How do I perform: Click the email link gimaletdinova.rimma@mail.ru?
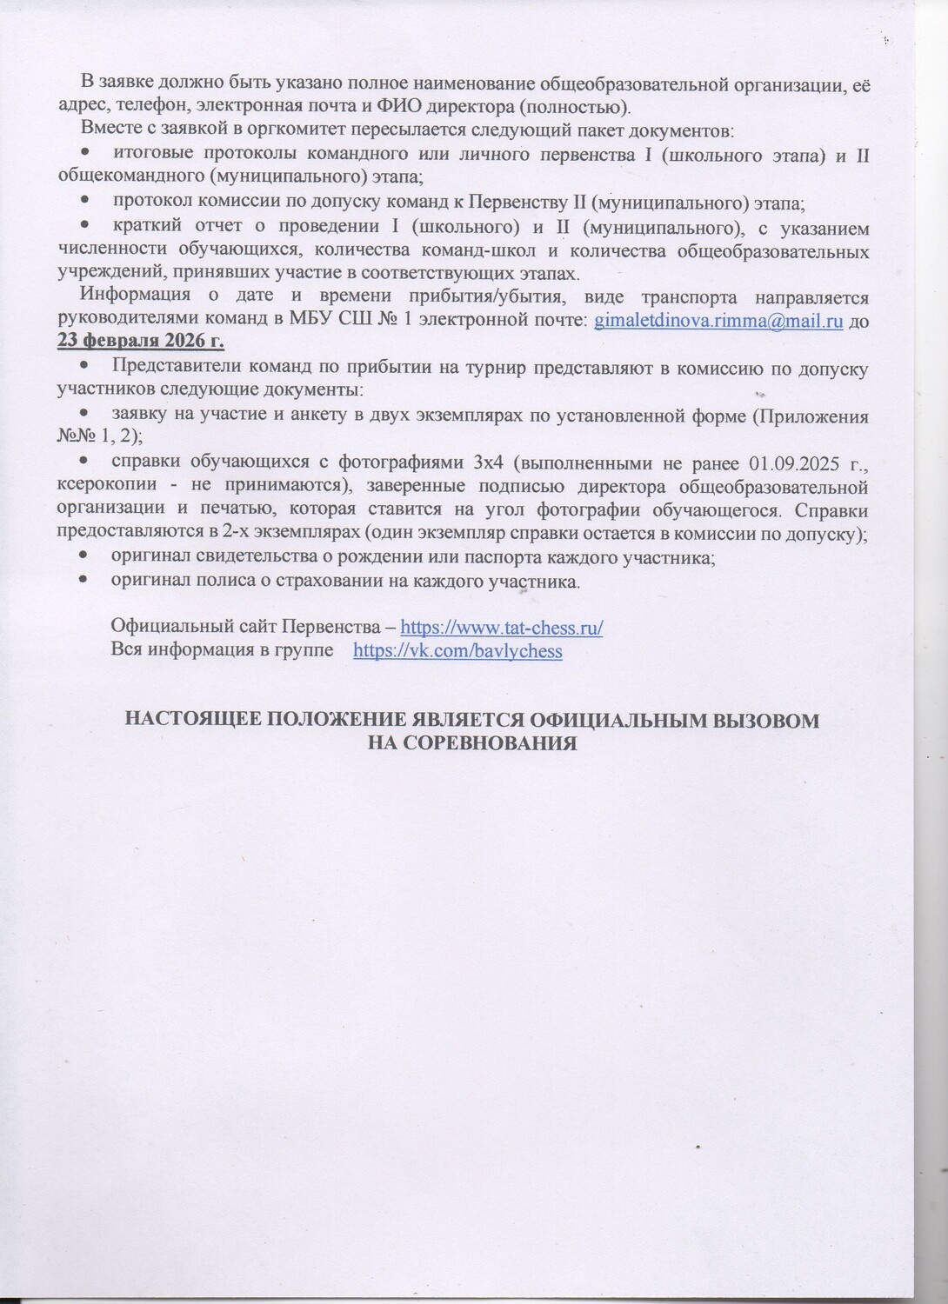(x=718, y=321)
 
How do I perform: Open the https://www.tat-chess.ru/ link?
(x=501, y=628)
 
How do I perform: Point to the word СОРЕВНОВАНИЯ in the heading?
(x=486, y=743)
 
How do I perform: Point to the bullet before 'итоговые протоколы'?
(x=85, y=155)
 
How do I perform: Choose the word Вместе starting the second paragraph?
(x=108, y=130)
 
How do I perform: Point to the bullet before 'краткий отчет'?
(x=85, y=228)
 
